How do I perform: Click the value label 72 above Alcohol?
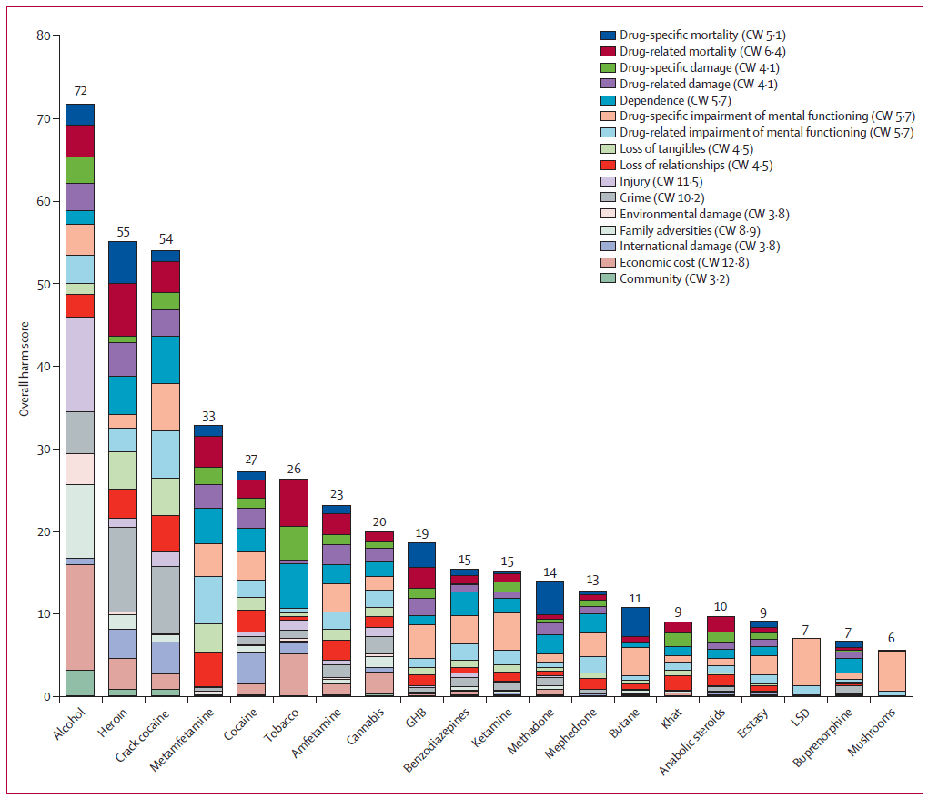[80, 92]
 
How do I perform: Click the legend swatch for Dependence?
[609, 100]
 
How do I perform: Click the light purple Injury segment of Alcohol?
[80, 364]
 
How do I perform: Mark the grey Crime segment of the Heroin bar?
[122, 570]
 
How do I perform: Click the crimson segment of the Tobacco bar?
[293, 502]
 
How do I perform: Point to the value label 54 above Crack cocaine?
[165, 238]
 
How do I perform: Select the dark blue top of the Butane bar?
[635, 621]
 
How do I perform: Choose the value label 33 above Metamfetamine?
[207, 413]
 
